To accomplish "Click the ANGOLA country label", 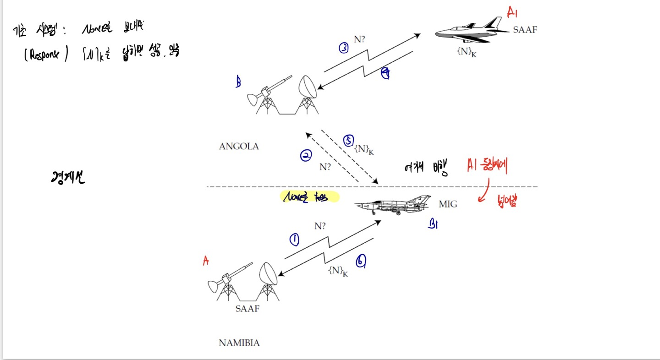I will pos(239,147).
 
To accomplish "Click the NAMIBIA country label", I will pos(239,343).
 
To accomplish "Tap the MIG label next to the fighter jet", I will pos(448,204).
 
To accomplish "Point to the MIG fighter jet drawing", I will pos(393,205).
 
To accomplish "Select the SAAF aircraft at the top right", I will pos(470,31).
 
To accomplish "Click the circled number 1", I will pos(294,240).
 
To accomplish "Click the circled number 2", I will pos(306,156).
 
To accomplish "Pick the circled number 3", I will pos(344,48).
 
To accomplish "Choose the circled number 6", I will pos(361,261).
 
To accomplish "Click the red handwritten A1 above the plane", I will pos(512,12).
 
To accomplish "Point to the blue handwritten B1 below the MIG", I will pos(433,224).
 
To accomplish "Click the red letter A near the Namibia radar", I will pos(206,261).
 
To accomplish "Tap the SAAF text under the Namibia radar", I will pos(247,308).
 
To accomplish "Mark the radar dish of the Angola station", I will pos(308,87).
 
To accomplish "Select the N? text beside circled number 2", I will pos(325,167).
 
